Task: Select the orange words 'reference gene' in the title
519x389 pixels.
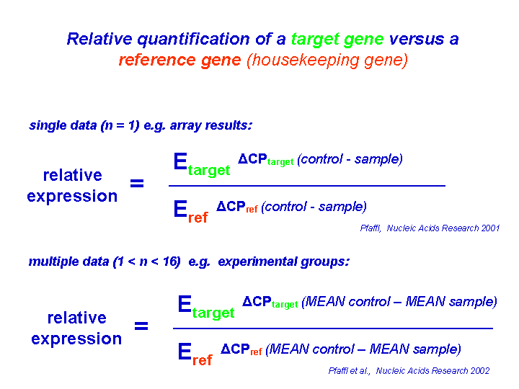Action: [179, 60]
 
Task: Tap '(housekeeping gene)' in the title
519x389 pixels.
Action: [327, 60]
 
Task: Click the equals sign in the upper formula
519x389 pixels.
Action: [137, 184]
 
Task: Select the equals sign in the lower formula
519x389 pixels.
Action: [141, 326]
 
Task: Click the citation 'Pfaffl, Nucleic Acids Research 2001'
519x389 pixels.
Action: [430, 228]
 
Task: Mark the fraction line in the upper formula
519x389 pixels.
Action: [306, 186]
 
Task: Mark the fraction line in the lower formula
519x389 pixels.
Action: [332, 328]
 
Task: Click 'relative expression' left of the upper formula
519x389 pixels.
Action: [72, 185]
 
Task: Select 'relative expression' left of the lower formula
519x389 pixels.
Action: [76, 328]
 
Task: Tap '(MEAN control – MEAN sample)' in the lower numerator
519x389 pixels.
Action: [399, 302]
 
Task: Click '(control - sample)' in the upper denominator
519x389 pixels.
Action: [314, 207]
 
